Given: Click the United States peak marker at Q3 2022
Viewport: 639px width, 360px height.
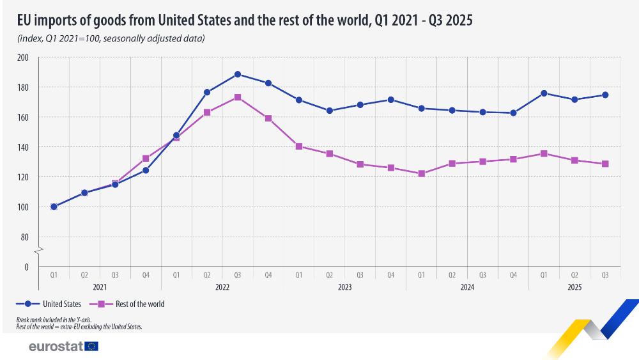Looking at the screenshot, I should tap(238, 74).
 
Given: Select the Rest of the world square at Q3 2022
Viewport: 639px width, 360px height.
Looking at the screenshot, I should tap(238, 97).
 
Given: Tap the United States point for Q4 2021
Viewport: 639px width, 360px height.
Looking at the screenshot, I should tap(146, 170).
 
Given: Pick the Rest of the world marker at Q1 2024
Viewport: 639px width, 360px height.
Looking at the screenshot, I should tap(422, 173).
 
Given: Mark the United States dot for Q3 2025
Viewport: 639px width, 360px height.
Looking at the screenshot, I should tap(605, 95).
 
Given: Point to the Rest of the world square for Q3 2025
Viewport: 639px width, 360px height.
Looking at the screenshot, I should tap(605, 164).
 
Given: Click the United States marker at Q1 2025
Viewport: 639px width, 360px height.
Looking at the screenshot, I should tap(544, 93).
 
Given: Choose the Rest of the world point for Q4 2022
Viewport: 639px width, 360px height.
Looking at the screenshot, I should tap(268, 118).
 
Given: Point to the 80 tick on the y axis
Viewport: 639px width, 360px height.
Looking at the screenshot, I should tap(26, 237).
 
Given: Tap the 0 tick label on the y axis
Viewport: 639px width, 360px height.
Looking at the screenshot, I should tap(27, 267).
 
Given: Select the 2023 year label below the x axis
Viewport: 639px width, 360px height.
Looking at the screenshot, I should tap(344, 288).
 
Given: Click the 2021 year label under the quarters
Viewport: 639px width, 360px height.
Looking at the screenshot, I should tap(100, 288).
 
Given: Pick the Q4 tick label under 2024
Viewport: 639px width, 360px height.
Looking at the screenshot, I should tap(513, 276).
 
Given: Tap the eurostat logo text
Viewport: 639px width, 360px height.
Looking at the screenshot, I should tap(56, 347).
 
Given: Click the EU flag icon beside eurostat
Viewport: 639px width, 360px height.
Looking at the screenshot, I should tap(91, 347).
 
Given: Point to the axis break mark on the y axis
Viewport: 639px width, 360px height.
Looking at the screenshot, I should tap(38, 249).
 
